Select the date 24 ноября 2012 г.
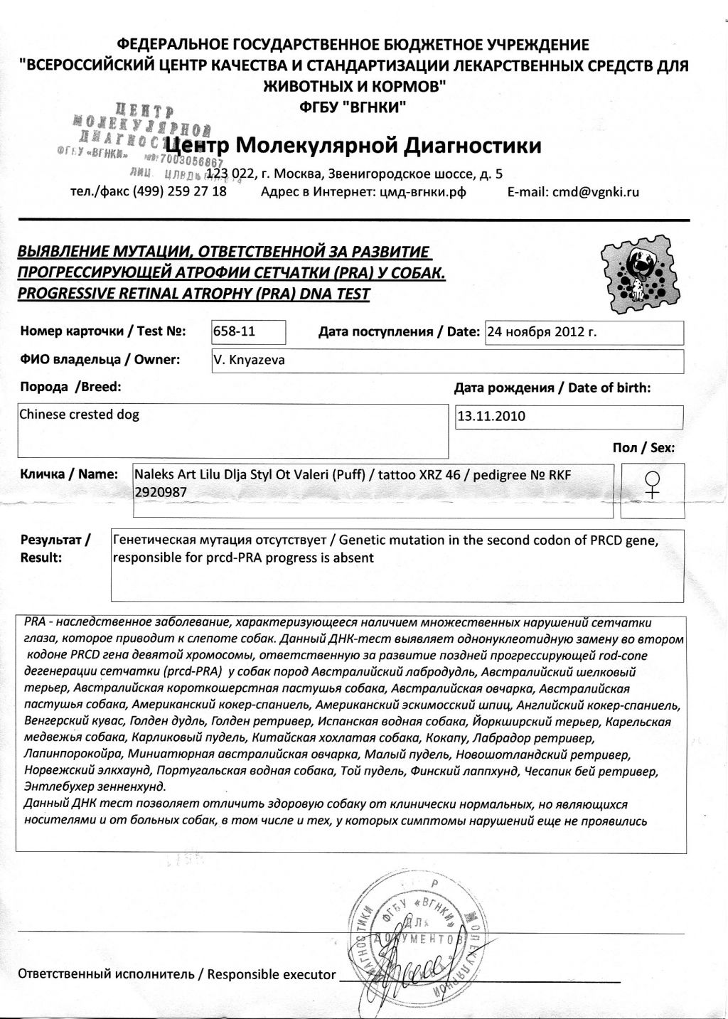[541, 332]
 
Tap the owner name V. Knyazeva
[249, 360]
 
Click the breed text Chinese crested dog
[79, 415]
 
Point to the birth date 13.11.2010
[491, 417]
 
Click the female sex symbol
[652, 485]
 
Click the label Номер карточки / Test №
[103, 331]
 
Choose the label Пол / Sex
[643, 448]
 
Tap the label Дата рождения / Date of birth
[552, 388]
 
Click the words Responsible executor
[271, 974]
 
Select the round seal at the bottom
[415, 934]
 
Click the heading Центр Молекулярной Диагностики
[370, 145]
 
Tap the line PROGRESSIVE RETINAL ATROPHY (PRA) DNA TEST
[193, 294]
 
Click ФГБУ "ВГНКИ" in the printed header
[354, 108]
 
